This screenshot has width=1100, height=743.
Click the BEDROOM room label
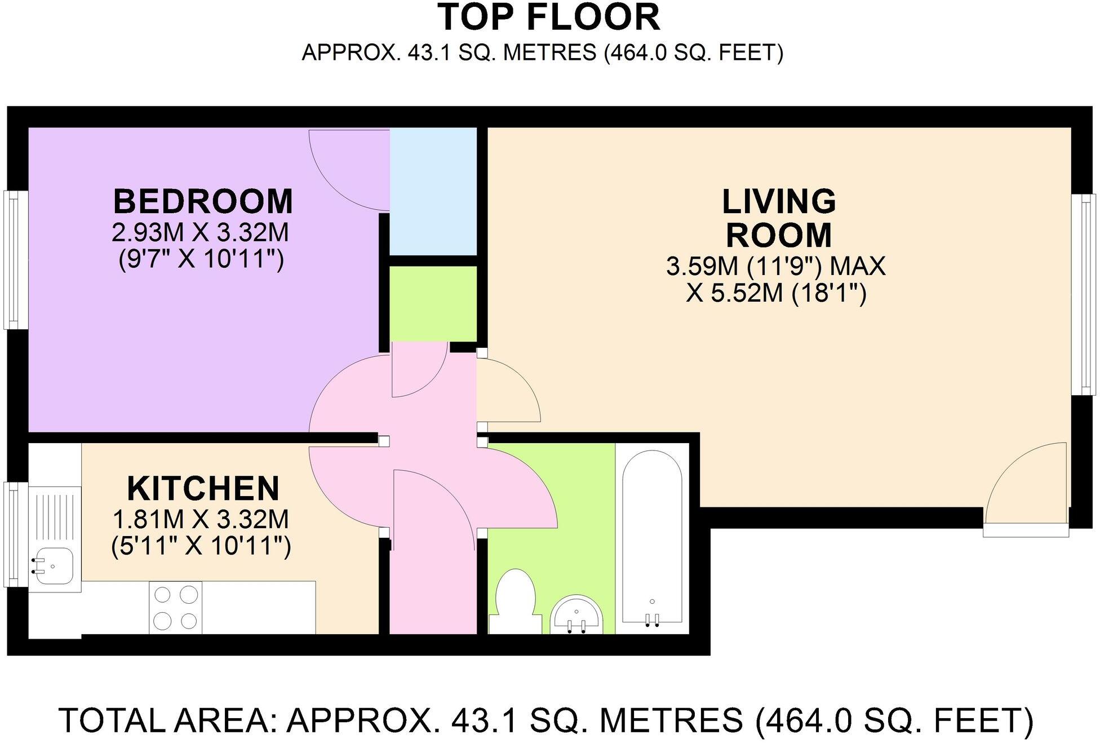coord(203,202)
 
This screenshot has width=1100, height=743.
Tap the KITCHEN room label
coord(203,488)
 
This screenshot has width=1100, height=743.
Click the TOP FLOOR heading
coord(549,17)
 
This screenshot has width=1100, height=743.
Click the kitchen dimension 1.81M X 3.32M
coord(201,519)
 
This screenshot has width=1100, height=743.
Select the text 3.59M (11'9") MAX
coord(776,266)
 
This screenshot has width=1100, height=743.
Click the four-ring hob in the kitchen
coord(175,607)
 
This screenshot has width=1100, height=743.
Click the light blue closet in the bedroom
coord(433,192)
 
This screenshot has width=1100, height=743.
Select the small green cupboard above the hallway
coord(433,303)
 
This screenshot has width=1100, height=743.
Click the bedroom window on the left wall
coord(16,259)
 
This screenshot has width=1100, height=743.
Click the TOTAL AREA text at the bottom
coord(545,720)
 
